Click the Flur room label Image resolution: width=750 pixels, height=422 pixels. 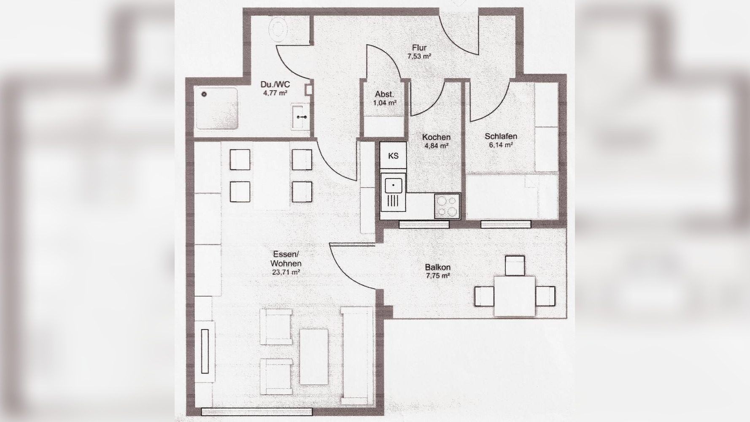[419, 48]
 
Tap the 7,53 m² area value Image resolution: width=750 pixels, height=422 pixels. [419, 56]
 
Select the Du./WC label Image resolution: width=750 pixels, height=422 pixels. [275, 85]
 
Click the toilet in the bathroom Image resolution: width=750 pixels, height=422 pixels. [278, 28]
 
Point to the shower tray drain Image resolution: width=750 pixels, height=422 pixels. [205, 95]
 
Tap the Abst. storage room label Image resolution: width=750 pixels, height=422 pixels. [385, 95]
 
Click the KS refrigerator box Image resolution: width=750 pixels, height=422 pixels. [393, 156]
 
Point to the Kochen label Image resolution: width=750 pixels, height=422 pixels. [436, 137]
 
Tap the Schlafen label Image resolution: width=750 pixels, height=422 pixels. [501, 136]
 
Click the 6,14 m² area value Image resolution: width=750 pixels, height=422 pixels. [501, 145]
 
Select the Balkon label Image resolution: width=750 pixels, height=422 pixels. [437, 267]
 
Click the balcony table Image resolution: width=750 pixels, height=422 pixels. [515, 296]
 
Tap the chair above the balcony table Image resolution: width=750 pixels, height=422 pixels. [515, 265]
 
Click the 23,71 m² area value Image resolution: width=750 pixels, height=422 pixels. [286, 273]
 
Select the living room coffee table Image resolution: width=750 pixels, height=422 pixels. [314, 357]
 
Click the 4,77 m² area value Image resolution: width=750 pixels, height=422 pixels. [275, 93]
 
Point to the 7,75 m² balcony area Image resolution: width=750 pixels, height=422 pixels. [437, 276]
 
